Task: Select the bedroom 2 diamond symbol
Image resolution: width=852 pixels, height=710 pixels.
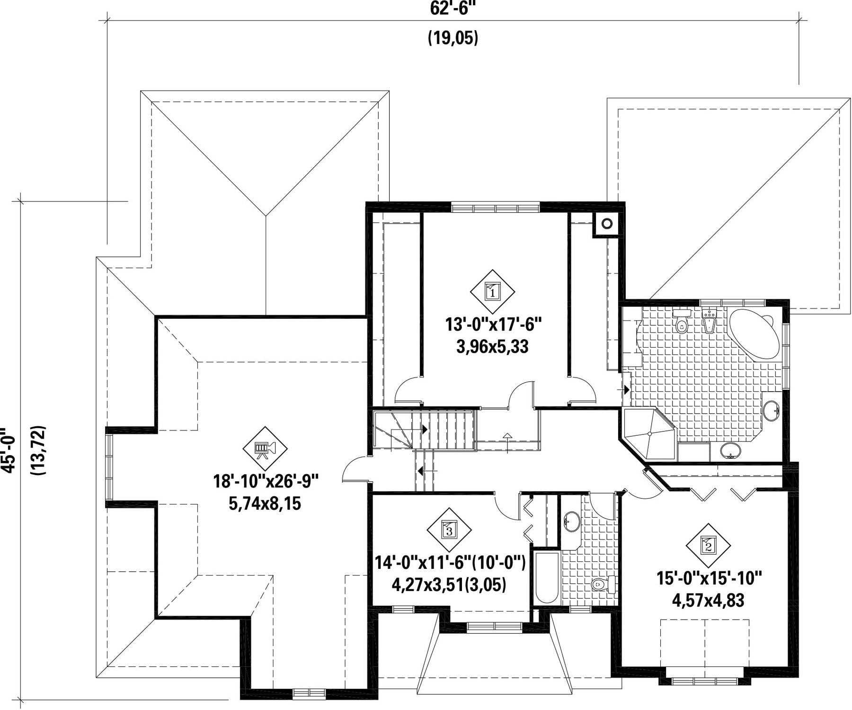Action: point(708,546)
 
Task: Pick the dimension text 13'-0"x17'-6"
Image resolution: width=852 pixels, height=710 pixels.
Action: point(493,325)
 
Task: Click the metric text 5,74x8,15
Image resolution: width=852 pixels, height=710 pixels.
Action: point(265,503)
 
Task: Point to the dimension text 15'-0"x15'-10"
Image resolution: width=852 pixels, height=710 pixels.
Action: point(709,578)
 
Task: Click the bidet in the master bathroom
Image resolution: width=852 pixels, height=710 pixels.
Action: point(709,321)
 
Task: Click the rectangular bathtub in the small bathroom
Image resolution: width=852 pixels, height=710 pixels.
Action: point(546,576)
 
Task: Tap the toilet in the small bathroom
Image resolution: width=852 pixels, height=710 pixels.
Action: point(603,585)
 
